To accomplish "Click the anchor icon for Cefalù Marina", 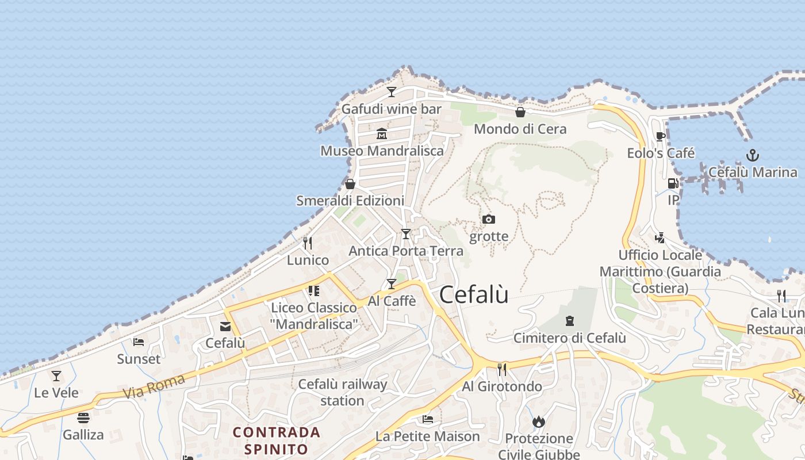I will pos(752,155).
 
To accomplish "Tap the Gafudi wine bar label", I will pos(392,109).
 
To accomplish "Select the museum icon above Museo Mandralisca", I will pos(382,134).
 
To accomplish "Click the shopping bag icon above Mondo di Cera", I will pos(520,112).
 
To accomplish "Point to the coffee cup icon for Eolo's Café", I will pos(660,137).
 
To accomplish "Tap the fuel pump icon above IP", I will pos(673,183).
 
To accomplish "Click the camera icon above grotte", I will pos(489,219).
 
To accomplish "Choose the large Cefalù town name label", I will pos(474,295).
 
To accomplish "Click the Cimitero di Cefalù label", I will pos(569,338).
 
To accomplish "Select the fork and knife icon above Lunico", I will pos(308,243).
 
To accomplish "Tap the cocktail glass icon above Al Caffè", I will pos(392,284).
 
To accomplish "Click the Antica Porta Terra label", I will pos(406,251).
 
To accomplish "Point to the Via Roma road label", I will pos(154,386).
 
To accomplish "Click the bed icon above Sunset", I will pos(139,342).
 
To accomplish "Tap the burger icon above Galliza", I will pos(83,418).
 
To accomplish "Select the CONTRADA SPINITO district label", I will pos(276,440).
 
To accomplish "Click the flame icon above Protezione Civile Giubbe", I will pos(539,422).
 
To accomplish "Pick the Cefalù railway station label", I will pos(342,392).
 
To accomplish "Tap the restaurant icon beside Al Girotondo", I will pos(502,369).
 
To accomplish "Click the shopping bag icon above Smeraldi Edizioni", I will pos(350,184).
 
